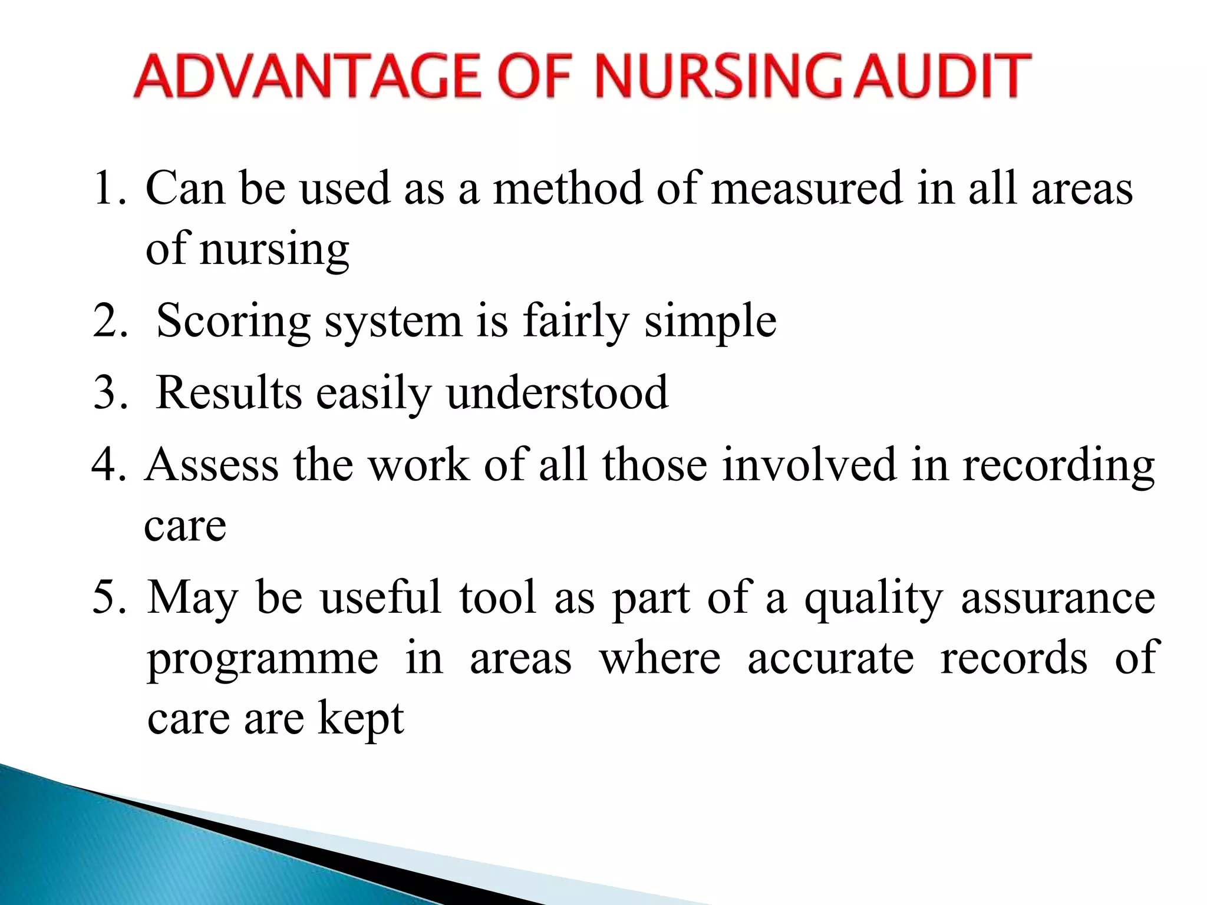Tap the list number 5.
[109, 597]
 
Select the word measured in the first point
[807, 189]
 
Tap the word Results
[229, 393]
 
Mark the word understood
[557, 393]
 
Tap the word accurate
[830, 658]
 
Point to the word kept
[361, 719]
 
